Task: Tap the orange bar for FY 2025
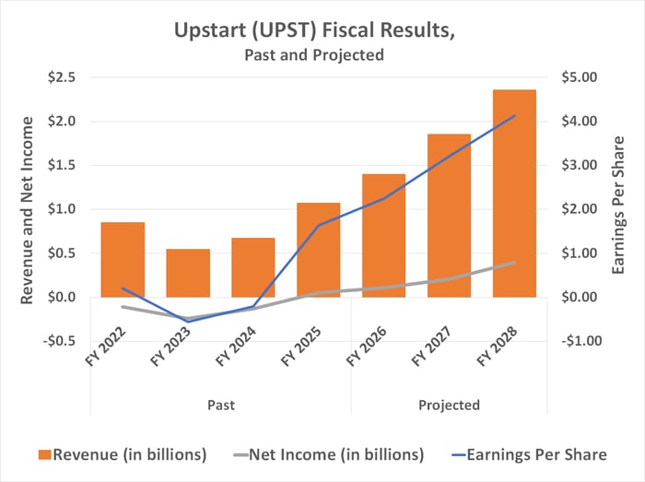click(x=318, y=249)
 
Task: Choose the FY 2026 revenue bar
click(x=383, y=235)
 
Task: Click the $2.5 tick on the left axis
click(x=62, y=77)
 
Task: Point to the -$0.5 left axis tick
click(x=59, y=341)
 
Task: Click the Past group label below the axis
click(x=220, y=406)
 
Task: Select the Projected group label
click(x=449, y=406)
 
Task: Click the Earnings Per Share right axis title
click(x=620, y=208)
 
